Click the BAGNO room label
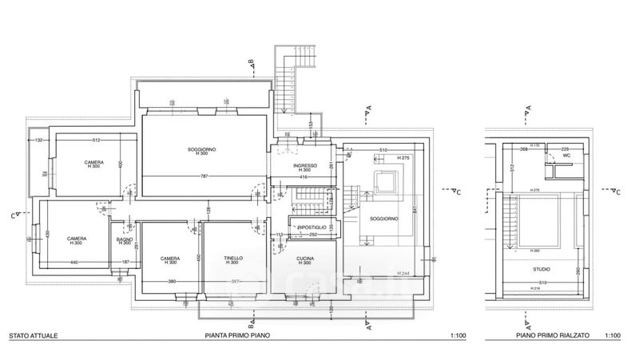(x=124, y=239)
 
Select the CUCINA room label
(x=304, y=258)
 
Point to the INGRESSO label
(x=305, y=165)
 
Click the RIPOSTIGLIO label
(x=312, y=228)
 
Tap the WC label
(x=566, y=156)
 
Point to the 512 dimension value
(x=94, y=141)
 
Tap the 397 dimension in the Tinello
(x=236, y=282)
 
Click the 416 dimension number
(x=304, y=177)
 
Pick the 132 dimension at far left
(x=38, y=141)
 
